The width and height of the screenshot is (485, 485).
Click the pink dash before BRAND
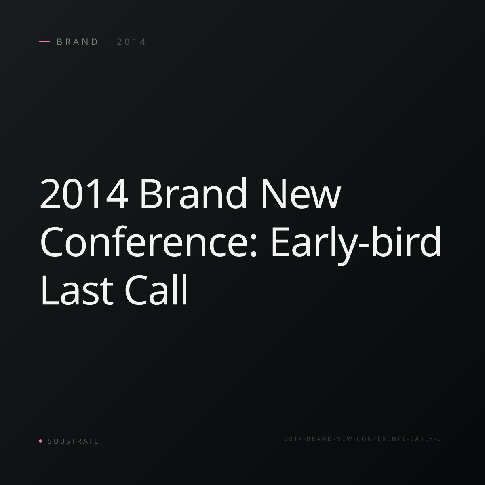[44, 42]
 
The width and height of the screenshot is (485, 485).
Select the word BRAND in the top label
[77, 42]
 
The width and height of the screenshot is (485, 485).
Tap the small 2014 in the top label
[131, 42]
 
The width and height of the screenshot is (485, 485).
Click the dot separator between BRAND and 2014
[108, 42]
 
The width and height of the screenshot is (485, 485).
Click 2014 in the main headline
[84, 194]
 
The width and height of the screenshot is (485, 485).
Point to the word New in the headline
[301, 194]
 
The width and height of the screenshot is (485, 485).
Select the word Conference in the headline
[145, 241]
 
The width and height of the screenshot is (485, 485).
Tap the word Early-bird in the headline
[356, 245]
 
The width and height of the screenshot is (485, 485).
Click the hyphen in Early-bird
[364, 247]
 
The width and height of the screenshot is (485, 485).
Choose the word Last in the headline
[77, 290]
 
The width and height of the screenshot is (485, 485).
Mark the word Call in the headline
[156, 289]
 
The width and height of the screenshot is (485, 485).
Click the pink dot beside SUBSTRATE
[40, 441]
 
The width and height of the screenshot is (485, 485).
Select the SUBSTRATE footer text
[73, 441]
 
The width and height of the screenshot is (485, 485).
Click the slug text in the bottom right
[363, 439]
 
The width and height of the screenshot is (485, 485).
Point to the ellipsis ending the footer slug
[439, 441]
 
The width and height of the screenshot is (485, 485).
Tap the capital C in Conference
[51, 242]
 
